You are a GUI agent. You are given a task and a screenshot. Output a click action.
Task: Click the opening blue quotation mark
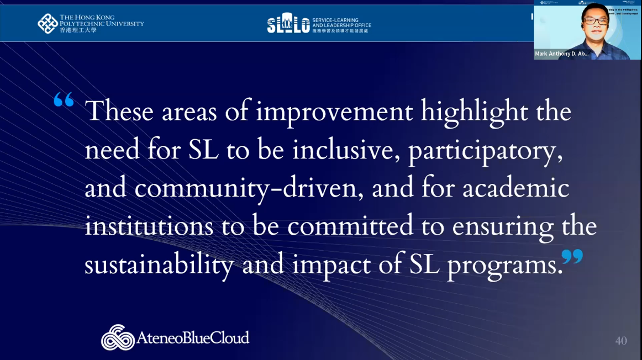click(x=64, y=99)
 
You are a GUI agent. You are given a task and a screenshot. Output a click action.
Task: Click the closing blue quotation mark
click(x=572, y=256)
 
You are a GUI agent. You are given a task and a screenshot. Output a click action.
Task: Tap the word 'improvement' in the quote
click(x=334, y=112)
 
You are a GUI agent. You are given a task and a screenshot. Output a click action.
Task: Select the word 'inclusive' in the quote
click(x=346, y=150)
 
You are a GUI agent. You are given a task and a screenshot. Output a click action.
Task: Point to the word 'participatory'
click(x=485, y=151)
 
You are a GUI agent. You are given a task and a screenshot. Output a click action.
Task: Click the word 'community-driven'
click(x=246, y=188)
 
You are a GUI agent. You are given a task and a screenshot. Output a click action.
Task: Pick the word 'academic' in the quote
click(x=515, y=188)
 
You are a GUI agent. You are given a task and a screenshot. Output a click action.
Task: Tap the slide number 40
click(x=621, y=341)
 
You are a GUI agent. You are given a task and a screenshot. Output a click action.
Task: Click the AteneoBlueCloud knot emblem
click(x=118, y=337)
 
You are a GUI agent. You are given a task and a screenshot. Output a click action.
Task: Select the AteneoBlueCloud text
click(x=192, y=337)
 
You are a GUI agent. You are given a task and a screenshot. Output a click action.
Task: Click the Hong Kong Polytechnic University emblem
click(x=48, y=23)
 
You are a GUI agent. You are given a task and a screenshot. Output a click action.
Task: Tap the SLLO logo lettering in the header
click(x=288, y=23)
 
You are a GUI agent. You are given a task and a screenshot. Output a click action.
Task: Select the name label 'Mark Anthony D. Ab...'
click(x=561, y=54)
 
